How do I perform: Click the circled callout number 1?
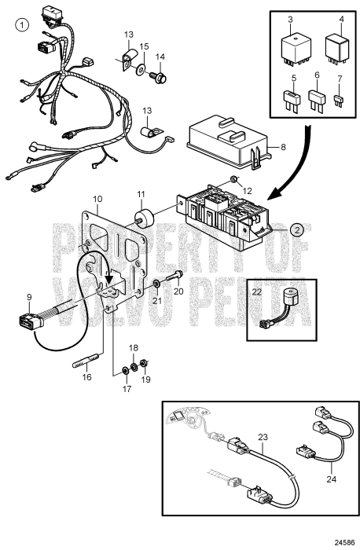(22, 25)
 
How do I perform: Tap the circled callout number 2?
(297, 230)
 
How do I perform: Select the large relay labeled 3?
(295, 49)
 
